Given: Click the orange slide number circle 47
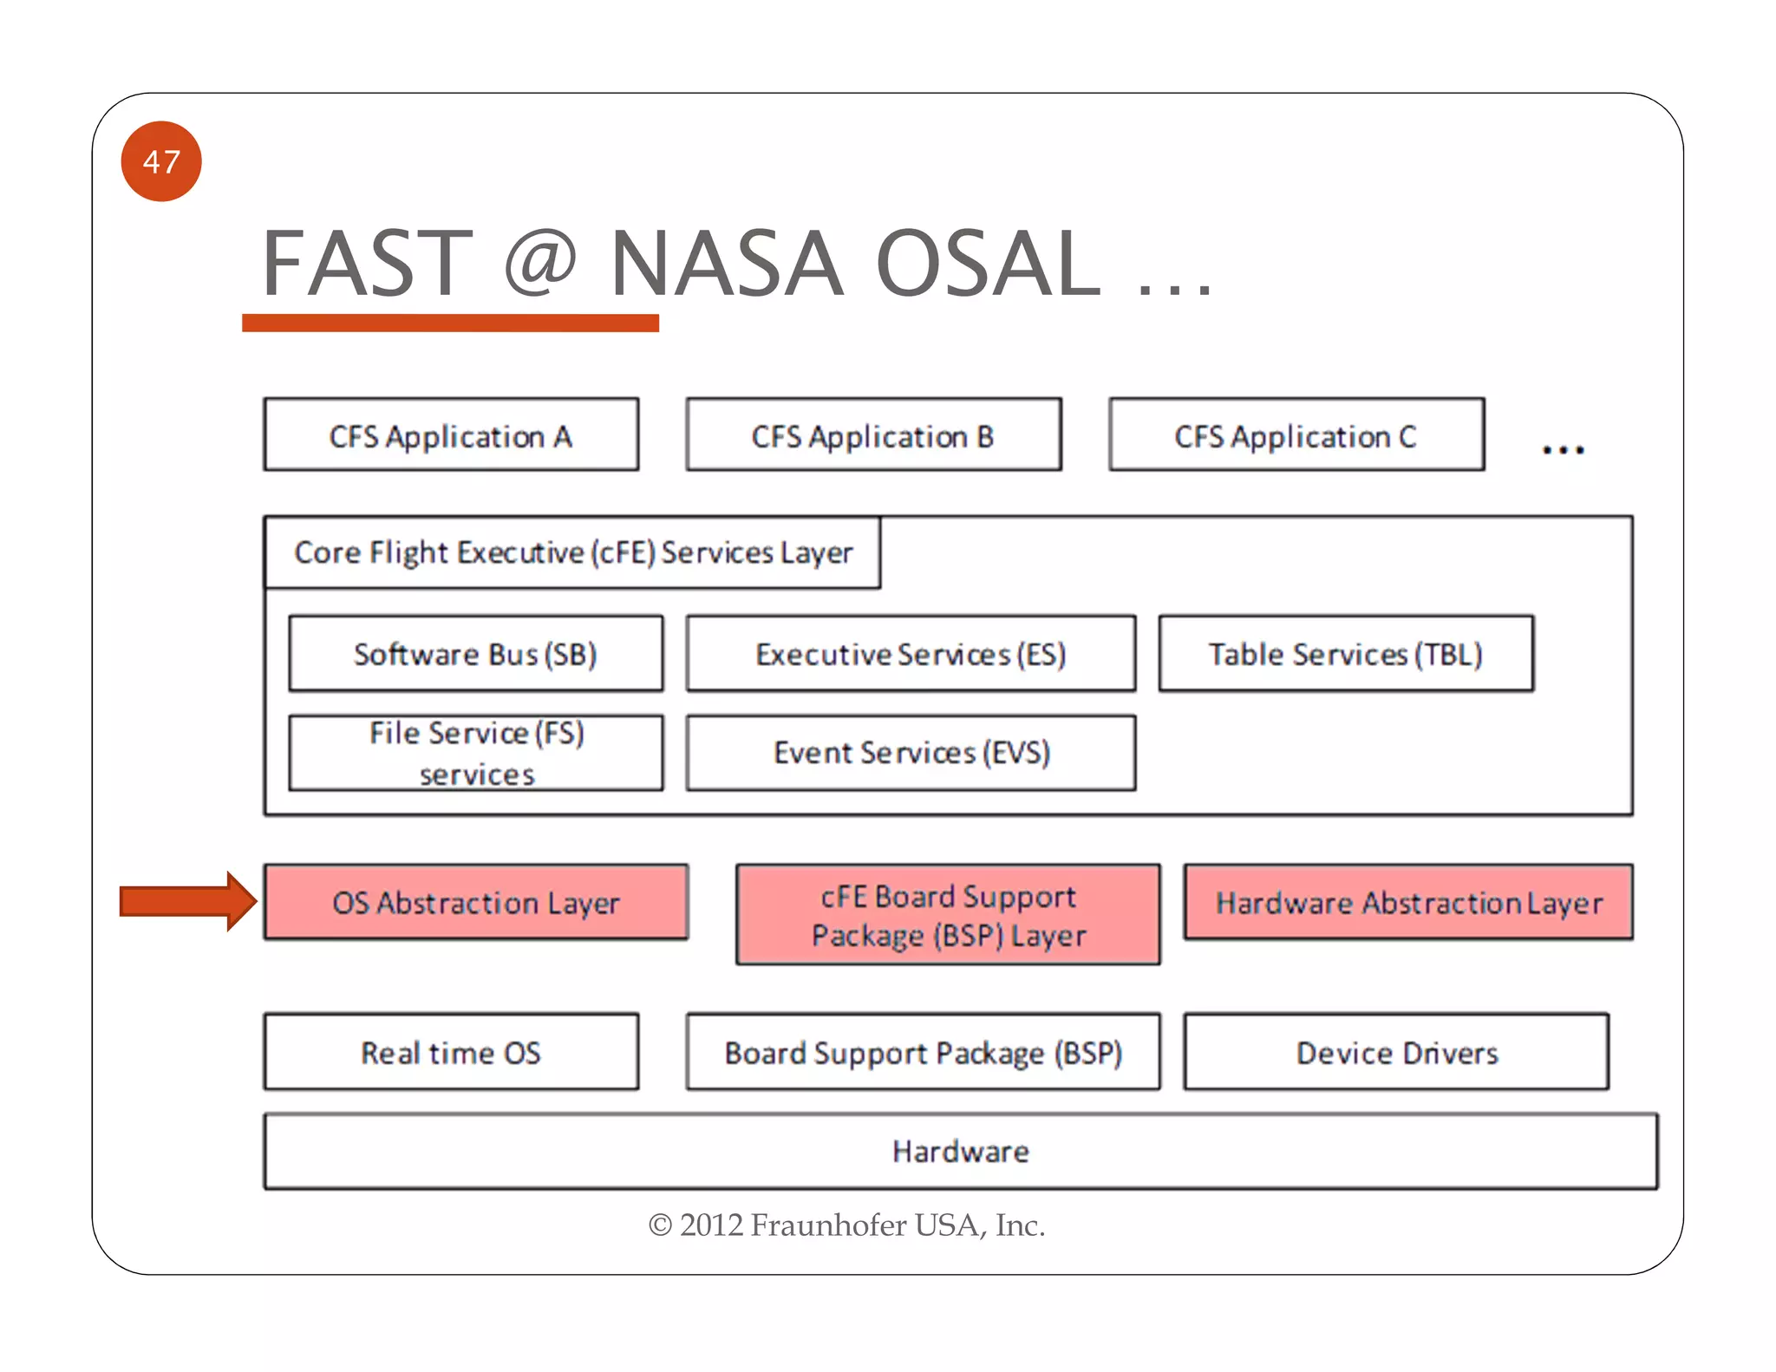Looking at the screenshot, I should click(x=161, y=161).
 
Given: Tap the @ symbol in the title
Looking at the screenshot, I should click(x=539, y=263).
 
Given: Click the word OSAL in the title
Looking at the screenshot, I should click(x=989, y=263).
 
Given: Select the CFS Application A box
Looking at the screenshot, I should click(x=451, y=435).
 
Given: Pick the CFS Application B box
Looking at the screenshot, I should click(x=873, y=435).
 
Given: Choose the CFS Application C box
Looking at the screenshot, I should click(x=1296, y=435).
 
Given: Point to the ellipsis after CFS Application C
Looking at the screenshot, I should click(x=1563, y=449).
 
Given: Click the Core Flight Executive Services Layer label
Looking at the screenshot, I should click(x=572, y=552).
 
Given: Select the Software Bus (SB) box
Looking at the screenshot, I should click(x=476, y=654).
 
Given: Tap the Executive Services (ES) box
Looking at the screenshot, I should click(x=911, y=654).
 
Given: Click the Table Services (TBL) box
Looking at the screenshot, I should click(x=1346, y=654).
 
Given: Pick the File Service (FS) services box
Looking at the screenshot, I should click(x=476, y=753).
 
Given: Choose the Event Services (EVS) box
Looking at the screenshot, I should click(x=911, y=753).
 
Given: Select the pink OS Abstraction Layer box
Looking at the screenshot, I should click(x=476, y=902).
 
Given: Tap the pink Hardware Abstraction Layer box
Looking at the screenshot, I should click(x=1408, y=902).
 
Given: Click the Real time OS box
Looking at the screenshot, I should click(x=451, y=1052).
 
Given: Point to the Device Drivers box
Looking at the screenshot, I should click(x=1396, y=1052).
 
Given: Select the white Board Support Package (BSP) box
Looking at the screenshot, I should click(x=923, y=1052).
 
